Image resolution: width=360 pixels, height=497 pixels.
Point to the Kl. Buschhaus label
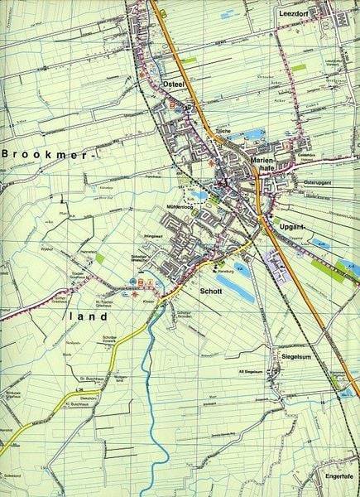click(72, 403)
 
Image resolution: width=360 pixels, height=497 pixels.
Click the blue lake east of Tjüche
click(252, 133)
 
